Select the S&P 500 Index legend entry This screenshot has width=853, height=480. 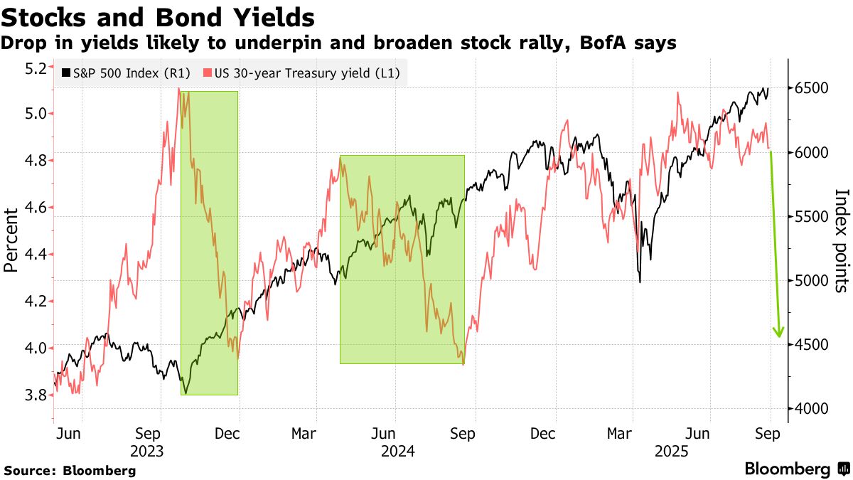(x=127, y=73)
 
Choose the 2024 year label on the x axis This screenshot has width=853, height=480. (x=398, y=452)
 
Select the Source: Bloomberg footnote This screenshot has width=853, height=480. (x=70, y=470)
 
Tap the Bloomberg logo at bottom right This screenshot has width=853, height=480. (x=796, y=469)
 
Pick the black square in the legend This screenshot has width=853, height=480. (x=67, y=73)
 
